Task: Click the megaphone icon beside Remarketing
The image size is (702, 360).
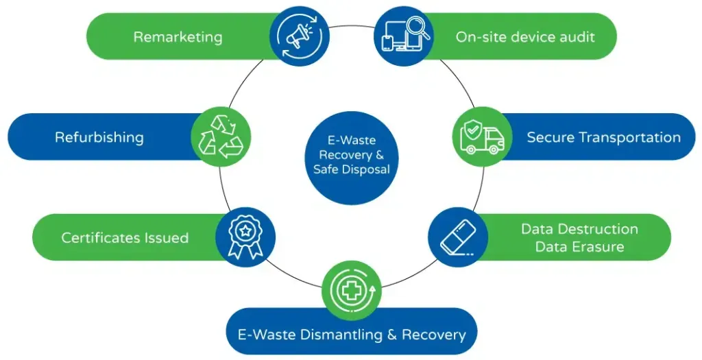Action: pos(300,36)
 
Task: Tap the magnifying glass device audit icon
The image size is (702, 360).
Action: pos(403,36)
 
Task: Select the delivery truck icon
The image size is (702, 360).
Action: pos(482,136)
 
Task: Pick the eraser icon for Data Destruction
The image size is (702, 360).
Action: pos(458,237)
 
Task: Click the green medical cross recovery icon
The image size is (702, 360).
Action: pos(351,291)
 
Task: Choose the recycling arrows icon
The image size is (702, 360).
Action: pos(221,136)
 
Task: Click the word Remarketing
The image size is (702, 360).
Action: pos(178,36)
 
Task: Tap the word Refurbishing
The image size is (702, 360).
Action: pos(99,137)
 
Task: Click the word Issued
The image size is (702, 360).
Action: pos(167,238)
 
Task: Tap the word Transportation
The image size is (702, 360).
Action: pos(626,137)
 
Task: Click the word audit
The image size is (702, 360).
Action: pos(575,36)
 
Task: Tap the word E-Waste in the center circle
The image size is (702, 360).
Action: pos(351,140)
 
